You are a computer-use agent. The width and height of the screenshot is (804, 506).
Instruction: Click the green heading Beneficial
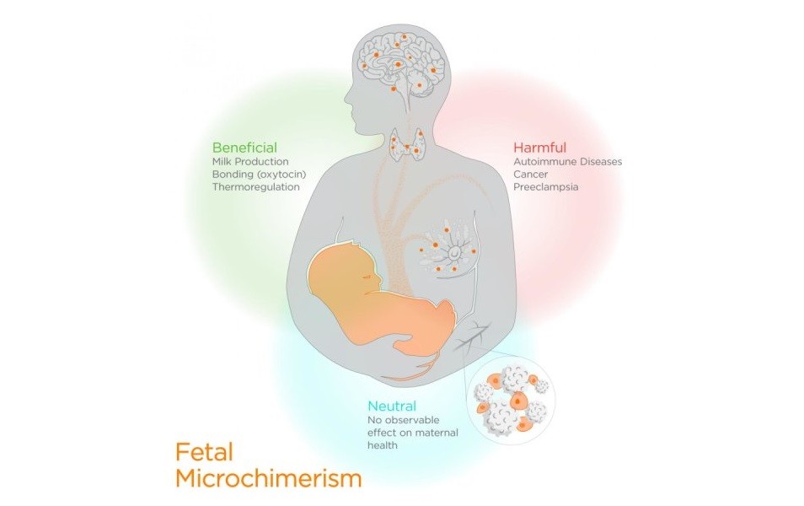244,148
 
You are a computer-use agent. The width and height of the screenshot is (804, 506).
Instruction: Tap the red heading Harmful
539,146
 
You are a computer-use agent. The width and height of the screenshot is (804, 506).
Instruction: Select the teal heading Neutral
392,406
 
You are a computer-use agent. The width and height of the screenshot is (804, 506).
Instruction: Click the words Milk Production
250,161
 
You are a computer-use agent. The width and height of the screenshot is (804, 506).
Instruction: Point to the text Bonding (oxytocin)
258,174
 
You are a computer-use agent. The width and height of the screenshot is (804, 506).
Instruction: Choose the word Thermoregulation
255,186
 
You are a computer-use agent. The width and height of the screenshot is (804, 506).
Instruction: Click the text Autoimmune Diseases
567,160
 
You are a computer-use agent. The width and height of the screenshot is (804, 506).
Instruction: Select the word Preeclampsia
546,186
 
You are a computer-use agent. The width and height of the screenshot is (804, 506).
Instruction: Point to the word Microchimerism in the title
268,478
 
